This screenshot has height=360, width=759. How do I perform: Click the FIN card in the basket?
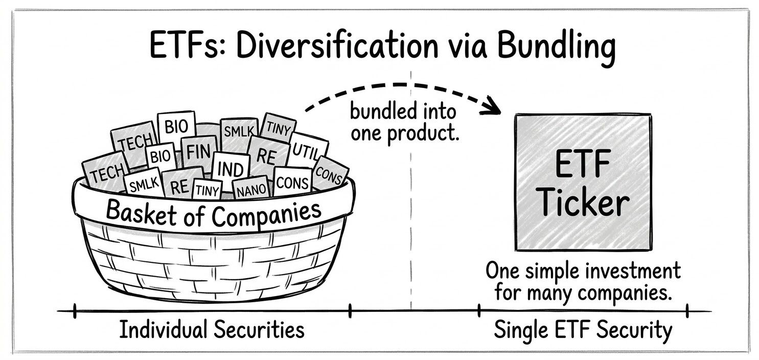pos(196,152)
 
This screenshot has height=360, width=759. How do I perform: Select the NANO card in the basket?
pos(250,190)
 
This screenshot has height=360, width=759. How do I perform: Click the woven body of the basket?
pos(215,263)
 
